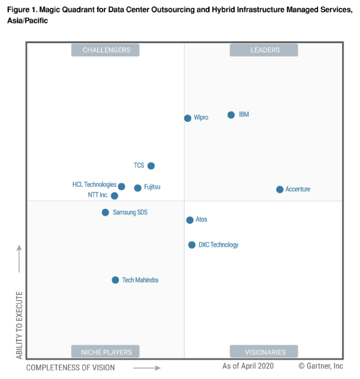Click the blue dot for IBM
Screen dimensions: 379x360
click(x=231, y=115)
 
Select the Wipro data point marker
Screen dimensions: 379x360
click(x=188, y=118)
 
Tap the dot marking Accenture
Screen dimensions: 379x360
click(x=280, y=190)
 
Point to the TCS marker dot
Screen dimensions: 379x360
click(x=151, y=166)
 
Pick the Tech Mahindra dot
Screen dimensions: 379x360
click(x=115, y=280)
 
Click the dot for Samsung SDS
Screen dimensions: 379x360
click(x=105, y=212)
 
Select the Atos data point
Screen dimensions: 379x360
click(x=190, y=220)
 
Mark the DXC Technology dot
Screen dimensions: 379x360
click(x=192, y=244)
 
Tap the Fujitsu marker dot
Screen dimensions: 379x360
click(x=137, y=188)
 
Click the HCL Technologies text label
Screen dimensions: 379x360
click(x=94, y=185)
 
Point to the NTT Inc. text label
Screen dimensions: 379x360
click(x=98, y=195)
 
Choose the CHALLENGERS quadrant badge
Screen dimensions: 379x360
click(x=106, y=50)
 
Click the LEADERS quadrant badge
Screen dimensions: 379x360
click(x=264, y=50)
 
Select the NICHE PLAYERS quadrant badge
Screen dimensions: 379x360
click(x=106, y=351)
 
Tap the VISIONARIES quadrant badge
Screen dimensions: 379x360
click(x=264, y=351)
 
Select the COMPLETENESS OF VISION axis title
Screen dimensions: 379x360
click(x=71, y=367)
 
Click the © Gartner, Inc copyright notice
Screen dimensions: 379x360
click(x=321, y=366)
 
